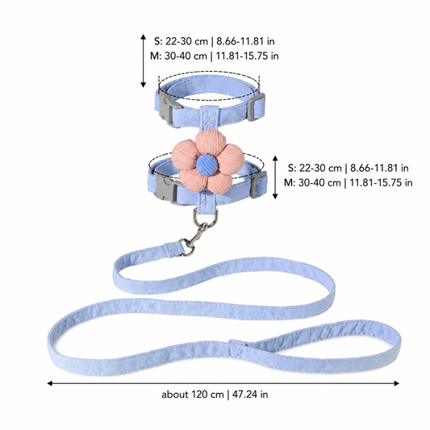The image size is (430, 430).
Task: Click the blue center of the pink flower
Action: point(207,165)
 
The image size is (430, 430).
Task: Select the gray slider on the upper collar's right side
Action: point(257,107)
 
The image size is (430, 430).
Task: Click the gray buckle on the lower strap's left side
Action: point(165,188)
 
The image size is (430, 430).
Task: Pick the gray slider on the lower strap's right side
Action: point(258,185)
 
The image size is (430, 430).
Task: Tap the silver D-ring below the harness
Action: point(206,217)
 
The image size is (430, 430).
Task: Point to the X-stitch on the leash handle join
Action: point(237,350)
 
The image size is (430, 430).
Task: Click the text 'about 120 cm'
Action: point(193,395)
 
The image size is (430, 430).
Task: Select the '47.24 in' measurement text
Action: point(250,395)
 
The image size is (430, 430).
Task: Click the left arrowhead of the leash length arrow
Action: point(50,383)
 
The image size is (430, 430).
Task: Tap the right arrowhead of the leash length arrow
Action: point(397,383)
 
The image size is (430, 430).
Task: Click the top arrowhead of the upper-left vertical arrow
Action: point(143,37)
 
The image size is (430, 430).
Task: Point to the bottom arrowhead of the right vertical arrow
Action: point(275,196)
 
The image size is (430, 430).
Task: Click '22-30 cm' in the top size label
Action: point(186,41)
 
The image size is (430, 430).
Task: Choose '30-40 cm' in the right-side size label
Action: point(319,182)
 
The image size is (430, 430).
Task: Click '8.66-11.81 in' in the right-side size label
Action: point(379,168)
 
